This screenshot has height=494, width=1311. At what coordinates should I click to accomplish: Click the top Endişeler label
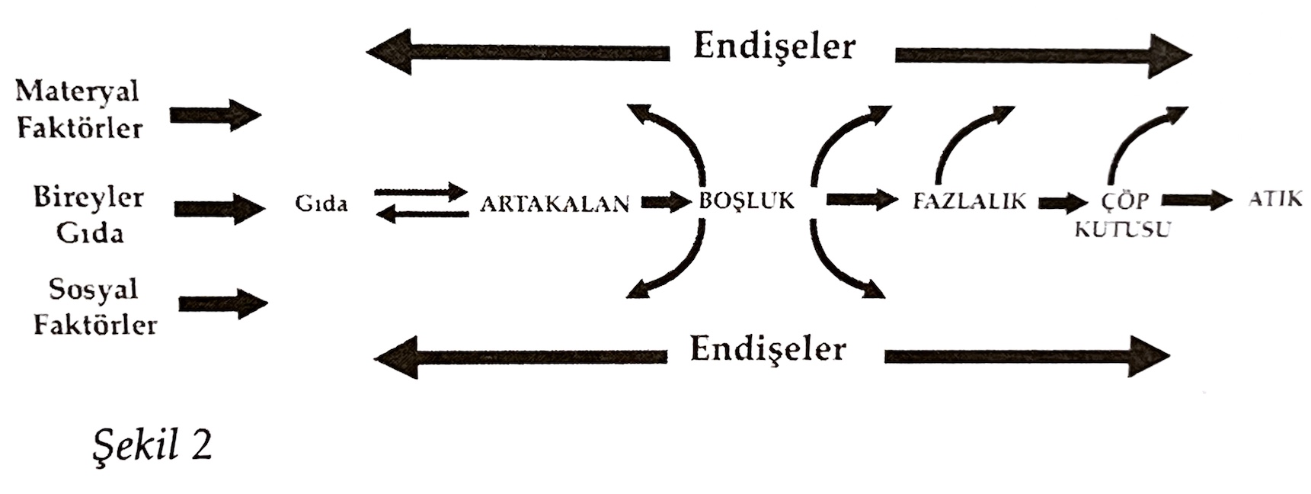pos(774,47)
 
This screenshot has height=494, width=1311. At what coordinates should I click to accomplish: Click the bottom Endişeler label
pos(768,349)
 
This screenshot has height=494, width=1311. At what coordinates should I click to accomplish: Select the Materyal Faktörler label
pos(78,110)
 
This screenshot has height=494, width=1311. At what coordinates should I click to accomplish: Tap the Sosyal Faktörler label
pos(94,307)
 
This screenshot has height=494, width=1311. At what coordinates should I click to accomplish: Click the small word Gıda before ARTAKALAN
pos(321,204)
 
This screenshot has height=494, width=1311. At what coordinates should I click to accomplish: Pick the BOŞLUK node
pos(747,200)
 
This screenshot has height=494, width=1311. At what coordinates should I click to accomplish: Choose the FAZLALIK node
pos(969,201)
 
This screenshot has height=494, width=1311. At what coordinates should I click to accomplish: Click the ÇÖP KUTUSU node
pos(1123,214)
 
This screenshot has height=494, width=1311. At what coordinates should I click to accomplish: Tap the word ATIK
pos(1274,199)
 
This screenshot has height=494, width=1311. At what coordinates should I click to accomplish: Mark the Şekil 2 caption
pos(152,446)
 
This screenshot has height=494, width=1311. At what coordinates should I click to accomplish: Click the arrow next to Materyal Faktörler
pos(215,116)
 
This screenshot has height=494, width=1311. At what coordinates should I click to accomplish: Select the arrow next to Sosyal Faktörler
pos(222,303)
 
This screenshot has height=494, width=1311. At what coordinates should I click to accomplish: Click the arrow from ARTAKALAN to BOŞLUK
pos(665,203)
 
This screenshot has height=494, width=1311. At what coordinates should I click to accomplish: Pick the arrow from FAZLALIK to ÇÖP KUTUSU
pos(1063,203)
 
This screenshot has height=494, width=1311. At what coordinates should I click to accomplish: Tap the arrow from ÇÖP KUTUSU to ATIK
pos(1196,200)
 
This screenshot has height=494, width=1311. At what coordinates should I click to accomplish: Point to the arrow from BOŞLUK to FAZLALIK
pos(862,200)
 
